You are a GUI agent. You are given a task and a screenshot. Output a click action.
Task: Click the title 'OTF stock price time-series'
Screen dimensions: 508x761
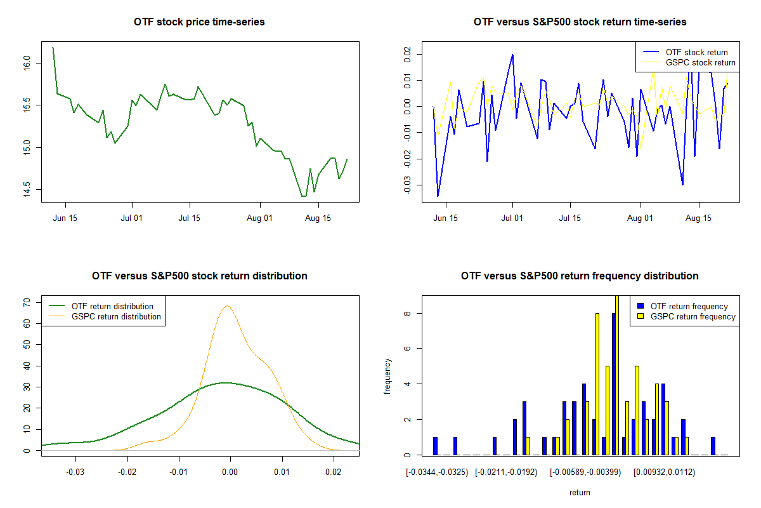pyautogui.click(x=199, y=22)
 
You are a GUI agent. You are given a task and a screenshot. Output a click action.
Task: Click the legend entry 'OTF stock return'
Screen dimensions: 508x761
pyautogui.click(x=696, y=52)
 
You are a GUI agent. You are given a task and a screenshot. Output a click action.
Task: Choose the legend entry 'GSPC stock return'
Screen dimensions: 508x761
pyautogui.click(x=700, y=62)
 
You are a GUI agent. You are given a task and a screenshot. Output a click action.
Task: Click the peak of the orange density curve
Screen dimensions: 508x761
pyautogui.click(x=226, y=306)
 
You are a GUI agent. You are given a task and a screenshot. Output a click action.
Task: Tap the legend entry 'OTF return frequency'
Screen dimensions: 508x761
pyautogui.click(x=689, y=306)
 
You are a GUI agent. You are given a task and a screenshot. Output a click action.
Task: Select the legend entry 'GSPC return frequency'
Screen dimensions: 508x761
pyautogui.click(x=693, y=316)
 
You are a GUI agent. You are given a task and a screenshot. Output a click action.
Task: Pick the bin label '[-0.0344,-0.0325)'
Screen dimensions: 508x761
pyautogui.click(x=438, y=472)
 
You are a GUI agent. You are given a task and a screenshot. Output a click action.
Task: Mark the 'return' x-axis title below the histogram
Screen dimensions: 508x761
pyautogui.click(x=580, y=492)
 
